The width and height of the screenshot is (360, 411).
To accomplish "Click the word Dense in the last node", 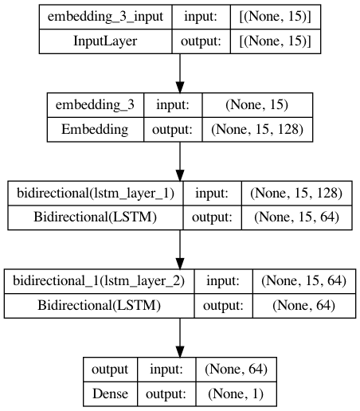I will click(111, 394).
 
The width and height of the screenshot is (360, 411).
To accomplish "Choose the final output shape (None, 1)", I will click(237, 394).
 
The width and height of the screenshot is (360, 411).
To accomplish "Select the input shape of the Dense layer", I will click(237, 370).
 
